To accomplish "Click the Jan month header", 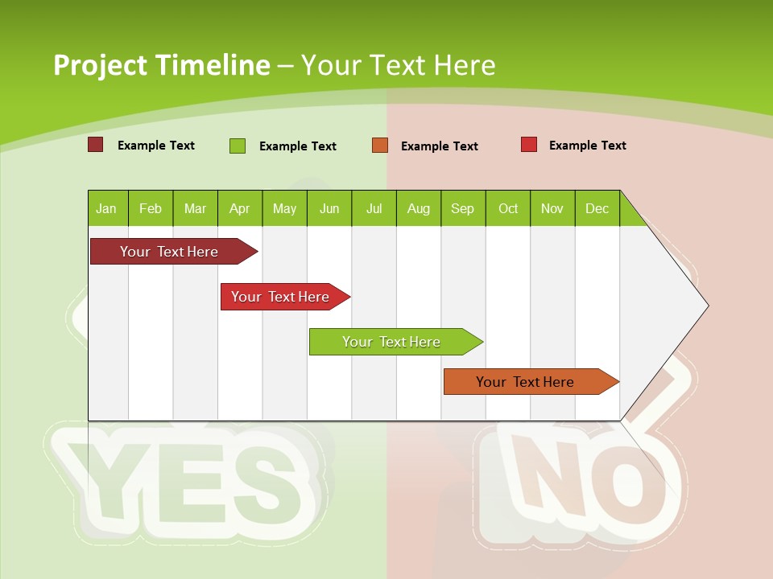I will (x=106, y=208).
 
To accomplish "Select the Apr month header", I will (x=240, y=208).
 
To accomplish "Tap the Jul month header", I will (x=374, y=208).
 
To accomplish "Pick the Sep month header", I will (x=462, y=208).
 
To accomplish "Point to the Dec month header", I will (x=597, y=208).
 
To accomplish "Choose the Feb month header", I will (x=151, y=208).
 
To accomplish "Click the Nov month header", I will (x=552, y=208).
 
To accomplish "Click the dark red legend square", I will (x=95, y=145).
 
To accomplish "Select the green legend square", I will (x=238, y=146).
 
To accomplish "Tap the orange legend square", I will (x=380, y=146).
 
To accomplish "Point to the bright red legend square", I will (x=529, y=145).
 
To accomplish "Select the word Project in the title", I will (x=99, y=65).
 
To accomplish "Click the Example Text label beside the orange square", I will (x=439, y=146).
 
